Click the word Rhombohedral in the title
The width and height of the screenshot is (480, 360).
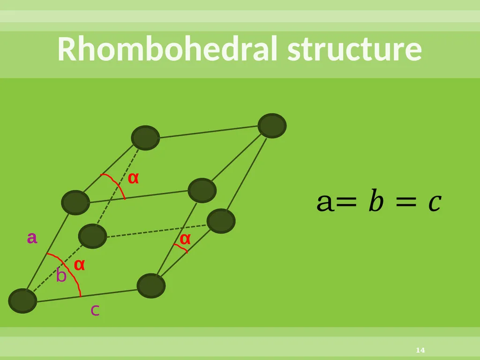tap(167, 49)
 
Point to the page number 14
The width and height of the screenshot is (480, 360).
tap(420, 350)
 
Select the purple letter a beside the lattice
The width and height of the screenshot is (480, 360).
tap(32, 238)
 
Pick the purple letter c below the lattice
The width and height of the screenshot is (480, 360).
tap(95, 310)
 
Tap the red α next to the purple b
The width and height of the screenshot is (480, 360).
tap(79, 265)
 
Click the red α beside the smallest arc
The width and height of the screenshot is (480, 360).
tap(185, 239)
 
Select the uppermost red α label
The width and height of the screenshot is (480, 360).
tap(133, 178)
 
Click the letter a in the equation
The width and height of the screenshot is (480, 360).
tap(324, 202)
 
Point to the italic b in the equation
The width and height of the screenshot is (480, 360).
tap(376, 201)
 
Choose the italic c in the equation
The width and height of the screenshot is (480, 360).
tap(435, 203)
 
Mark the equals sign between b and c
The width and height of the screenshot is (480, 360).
tap(406, 202)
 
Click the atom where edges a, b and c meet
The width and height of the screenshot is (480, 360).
tap(22, 301)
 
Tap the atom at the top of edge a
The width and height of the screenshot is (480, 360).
tap(75, 202)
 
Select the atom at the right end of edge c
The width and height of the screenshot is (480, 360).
tap(151, 285)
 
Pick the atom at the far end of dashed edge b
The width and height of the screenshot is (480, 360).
tap(92, 236)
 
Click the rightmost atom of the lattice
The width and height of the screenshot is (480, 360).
tap(272, 126)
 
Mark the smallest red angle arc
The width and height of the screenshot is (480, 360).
tap(181, 247)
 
